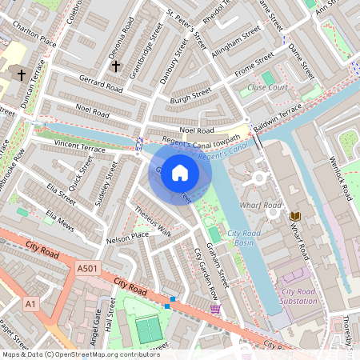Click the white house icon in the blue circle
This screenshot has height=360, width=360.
(x=180, y=173)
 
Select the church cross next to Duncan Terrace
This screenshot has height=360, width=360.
(x=20, y=74)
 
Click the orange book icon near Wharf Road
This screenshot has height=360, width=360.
(x=295, y=216)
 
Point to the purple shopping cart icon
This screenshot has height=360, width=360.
(x=214, y=308)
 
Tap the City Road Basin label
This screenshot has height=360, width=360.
(x=244, y=238)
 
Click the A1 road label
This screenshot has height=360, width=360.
(x=30, y=304)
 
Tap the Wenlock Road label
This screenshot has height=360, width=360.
(x=342, y=180)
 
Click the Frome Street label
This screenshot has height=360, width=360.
(x=254, y=66)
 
